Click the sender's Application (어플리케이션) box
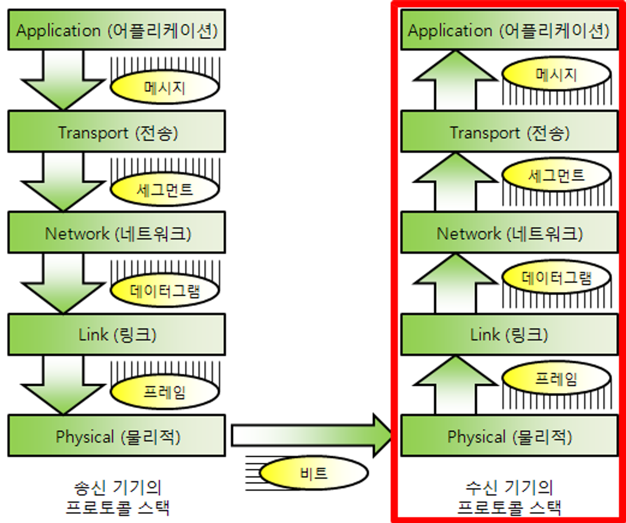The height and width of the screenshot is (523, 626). pyautogui.click(x=117, y=30)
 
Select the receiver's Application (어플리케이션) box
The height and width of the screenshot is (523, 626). pyautogui.click(x=509, y=30)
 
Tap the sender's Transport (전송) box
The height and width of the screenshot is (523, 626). pyautogui.click(x=117, y=131)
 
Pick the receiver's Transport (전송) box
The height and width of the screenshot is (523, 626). pyautogui.click(x=509, y=131)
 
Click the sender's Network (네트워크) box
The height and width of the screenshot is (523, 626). pyautogui.click(x=117, y=233)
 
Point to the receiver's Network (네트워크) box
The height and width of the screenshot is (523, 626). pyautogui.click(x=509, y=233)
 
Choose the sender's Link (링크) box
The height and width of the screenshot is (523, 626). pyautogui.click(x=117, y=334)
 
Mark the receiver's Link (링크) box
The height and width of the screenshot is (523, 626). pyautogui.click(x=509, y=334)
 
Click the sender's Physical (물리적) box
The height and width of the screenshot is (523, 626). pyautogui.click(x=117, y=436)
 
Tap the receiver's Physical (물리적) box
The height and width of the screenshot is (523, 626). pyautogui.click(x=509, y=436)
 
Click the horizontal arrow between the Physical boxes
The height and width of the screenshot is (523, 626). pyautogui.click(x=310, y=435)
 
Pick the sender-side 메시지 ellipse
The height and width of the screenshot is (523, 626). pyautogui.click(x=165, y=87)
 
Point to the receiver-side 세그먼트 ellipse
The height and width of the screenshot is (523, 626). pyautogui.click(x=556, y=175)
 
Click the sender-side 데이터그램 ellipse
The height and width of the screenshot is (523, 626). pyautogui.click(x=165, y=290)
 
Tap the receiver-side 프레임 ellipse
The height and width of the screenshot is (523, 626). pyautogui.click(x=556, y=378)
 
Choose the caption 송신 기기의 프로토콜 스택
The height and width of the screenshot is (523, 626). pyautogui.click(x=117, y=498)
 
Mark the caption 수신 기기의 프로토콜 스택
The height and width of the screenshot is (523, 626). pyautogui.click(x=509, y=498)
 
